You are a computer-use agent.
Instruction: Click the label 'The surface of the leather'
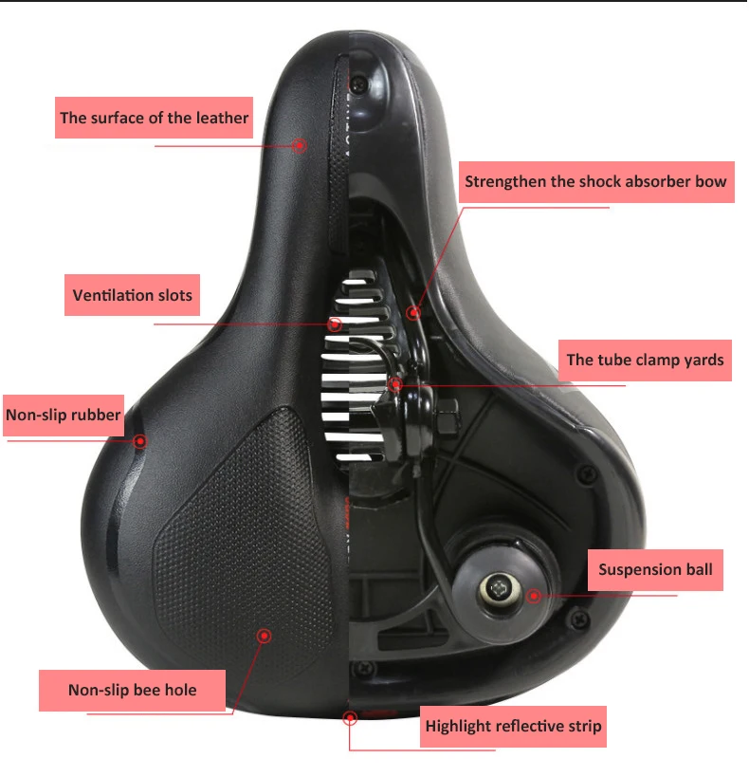[155, 119]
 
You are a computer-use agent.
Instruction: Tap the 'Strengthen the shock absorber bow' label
[595, 181]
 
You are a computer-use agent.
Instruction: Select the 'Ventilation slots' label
[133, 295]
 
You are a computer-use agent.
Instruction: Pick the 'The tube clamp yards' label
[645, 360]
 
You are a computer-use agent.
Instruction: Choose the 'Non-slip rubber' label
[64, 415]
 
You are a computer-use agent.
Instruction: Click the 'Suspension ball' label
[655, 570]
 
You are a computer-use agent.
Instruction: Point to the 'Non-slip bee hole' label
[133, 690]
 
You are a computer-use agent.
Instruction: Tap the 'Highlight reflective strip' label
[513, 727]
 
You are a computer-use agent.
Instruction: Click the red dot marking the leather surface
[300, 145]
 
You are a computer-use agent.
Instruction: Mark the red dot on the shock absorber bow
[412, 311]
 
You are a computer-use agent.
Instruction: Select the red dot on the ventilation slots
[334, 324]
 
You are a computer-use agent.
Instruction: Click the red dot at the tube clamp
[395, 383]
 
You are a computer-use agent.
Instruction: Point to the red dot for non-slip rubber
[140, 440]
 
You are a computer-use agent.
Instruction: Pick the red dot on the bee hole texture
[265, 635]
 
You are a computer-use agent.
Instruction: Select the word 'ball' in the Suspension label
[695, 570]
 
